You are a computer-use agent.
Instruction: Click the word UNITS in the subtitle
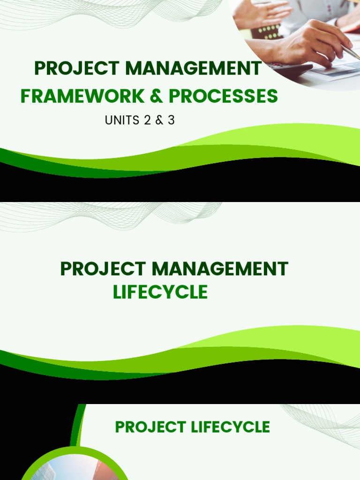(122, 120)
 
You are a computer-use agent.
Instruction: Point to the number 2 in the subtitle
(147, 120)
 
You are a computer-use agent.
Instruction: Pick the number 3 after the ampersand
(171, 120)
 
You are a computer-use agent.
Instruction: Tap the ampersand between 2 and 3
(159, 120)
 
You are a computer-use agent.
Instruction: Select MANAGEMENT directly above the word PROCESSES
(193, 68)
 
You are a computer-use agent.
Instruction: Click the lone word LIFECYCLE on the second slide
(160, 292)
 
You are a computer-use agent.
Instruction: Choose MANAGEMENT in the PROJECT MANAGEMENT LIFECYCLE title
(220, 269)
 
